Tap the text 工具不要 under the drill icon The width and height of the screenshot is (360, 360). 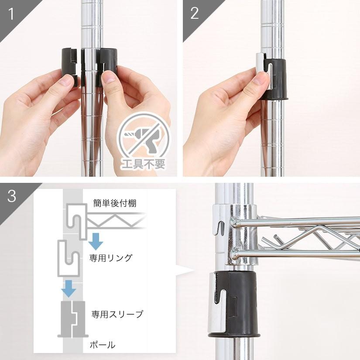click(x=144, y=165)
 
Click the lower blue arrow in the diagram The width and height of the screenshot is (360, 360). click(x=69, y=288)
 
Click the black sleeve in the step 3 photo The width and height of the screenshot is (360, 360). click(x=236, y=303)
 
